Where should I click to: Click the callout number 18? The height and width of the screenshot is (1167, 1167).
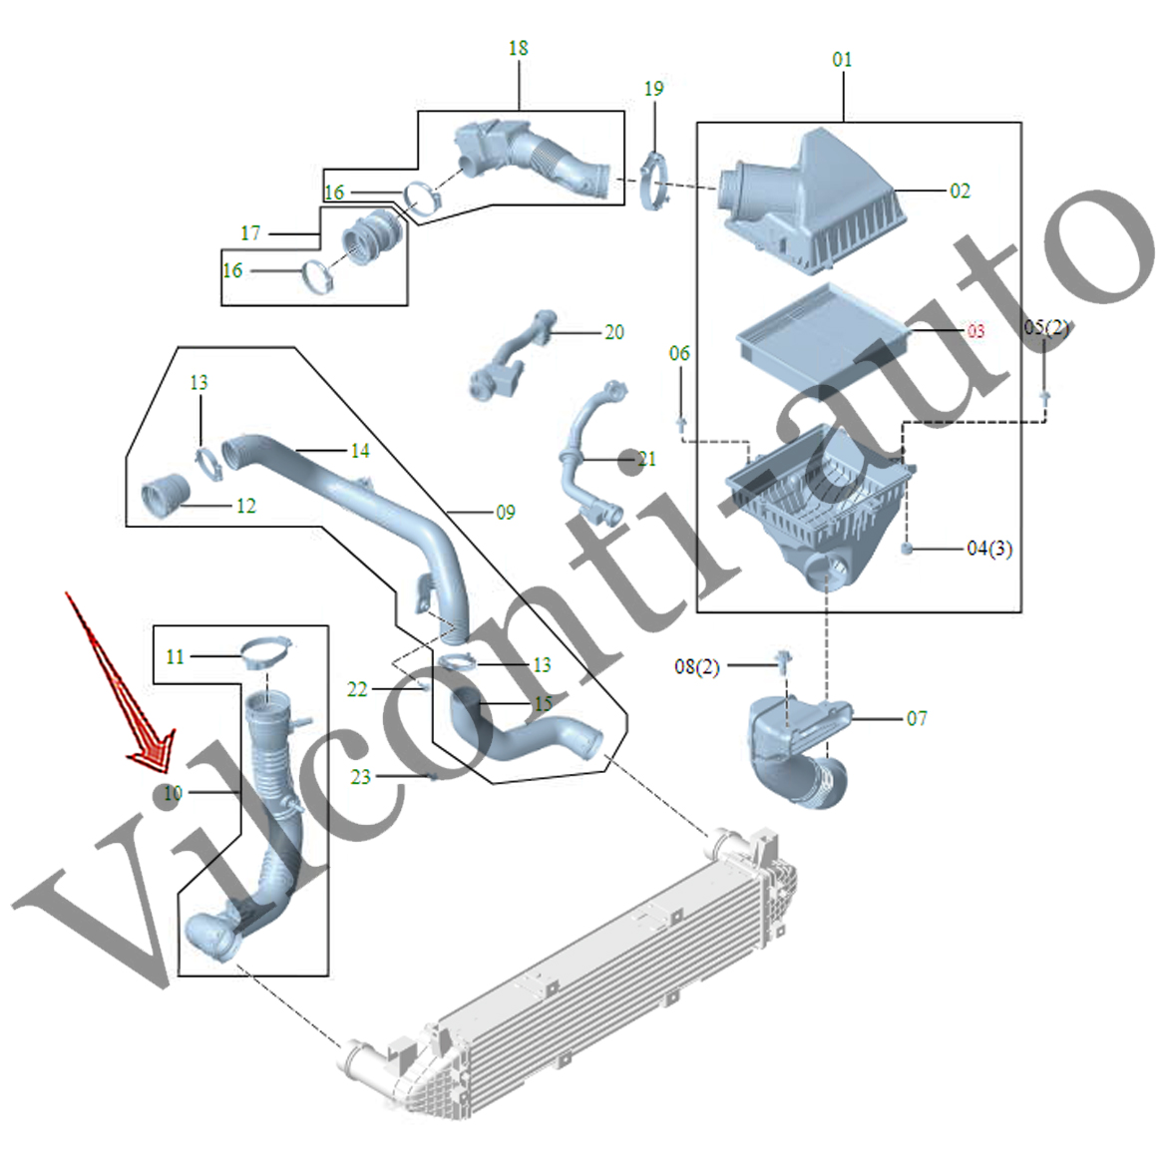tap(518, 48)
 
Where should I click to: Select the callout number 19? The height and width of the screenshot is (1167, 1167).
tap(653, 89)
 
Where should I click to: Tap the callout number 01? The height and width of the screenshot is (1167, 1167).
tap(843, 60)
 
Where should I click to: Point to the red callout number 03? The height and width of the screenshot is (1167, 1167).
tap(974, 331)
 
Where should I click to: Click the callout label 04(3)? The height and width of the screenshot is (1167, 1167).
tap(989, 549)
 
